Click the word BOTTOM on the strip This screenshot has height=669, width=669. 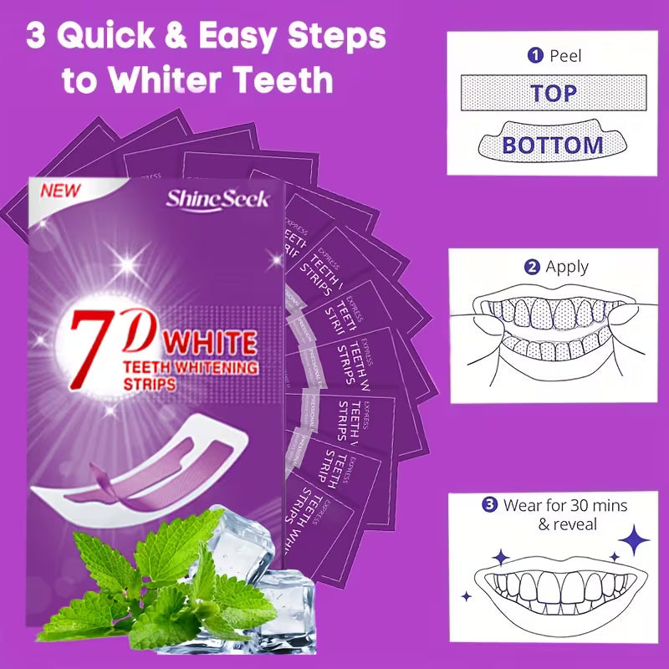tap(552, 145)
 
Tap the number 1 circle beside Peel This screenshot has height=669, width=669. tap(534, 56)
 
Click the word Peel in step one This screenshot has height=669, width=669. tap(565, 56)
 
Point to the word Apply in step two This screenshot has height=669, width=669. tap(567, 268)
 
